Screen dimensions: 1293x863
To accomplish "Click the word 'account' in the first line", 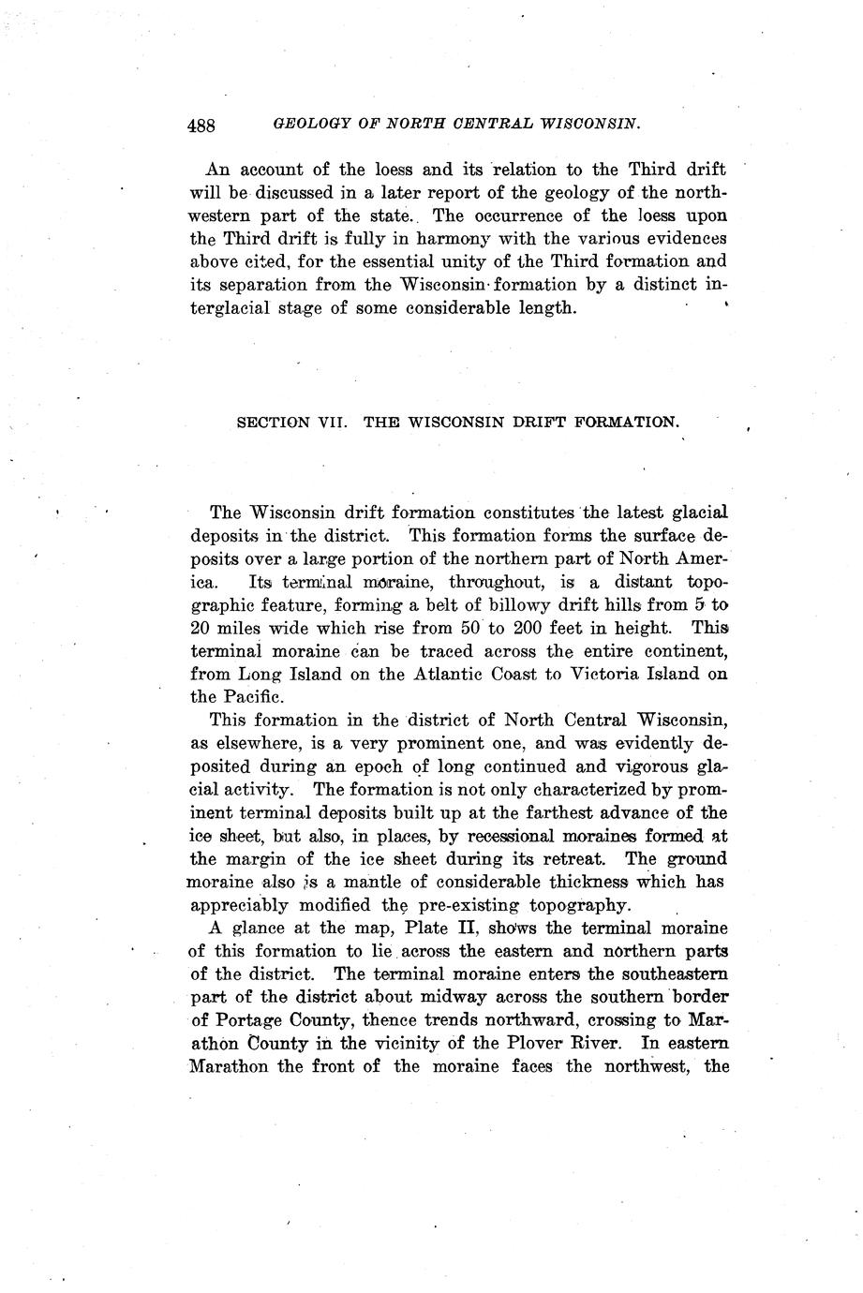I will coord(272,171).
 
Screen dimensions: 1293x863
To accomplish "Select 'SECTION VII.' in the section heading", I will coord(292,423).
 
